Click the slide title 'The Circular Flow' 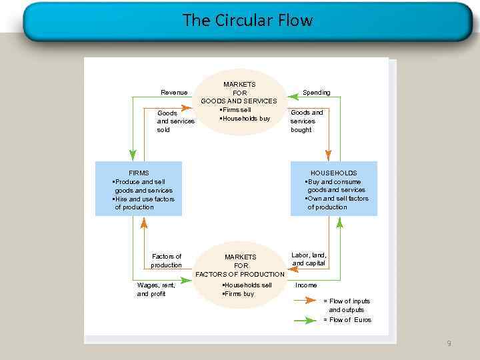247,21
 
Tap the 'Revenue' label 174,92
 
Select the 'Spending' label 316,92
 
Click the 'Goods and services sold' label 175,121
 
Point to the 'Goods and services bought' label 307,121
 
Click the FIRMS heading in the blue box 139,173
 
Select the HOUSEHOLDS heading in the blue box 333,173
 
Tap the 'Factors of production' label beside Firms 166,261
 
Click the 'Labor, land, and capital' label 309,259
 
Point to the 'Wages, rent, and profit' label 156,289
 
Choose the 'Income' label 306,285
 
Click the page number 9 449,343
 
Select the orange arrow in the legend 305,301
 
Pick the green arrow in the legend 305,320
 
